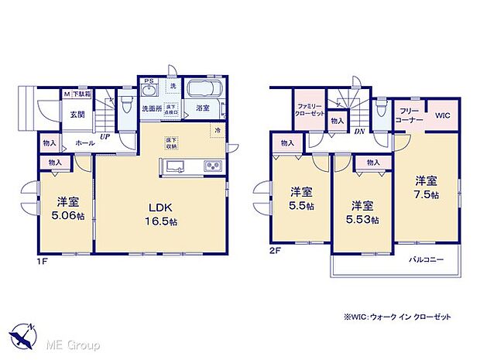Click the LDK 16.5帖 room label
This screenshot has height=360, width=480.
tap(160, 213)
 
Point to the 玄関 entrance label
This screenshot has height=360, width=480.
tap(79, 115)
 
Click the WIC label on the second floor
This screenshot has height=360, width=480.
tap(442, 115)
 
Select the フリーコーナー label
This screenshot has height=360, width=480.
tap(410, 115)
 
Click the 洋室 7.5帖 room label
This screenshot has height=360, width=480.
tap(426, 187)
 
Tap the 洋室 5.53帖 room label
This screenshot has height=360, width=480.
tap(363, 212)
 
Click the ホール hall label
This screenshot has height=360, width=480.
tap(84, 142)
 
